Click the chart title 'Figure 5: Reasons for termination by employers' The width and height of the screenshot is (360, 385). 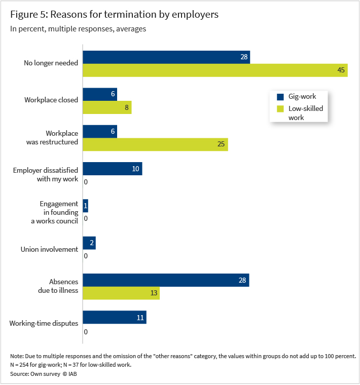[115, 15]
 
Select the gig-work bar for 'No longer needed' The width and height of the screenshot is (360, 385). [166, 57]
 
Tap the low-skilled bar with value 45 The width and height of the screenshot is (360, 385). [215, 70]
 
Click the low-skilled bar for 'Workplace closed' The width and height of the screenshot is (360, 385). [107, 107]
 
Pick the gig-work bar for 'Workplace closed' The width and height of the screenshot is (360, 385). [100, 94]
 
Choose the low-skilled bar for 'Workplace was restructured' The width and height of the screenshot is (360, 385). [155, 144]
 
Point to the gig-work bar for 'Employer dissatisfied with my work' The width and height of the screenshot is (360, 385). [112, 169]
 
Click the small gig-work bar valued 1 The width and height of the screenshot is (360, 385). [85, 206]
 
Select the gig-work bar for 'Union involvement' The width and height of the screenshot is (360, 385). [89, 243]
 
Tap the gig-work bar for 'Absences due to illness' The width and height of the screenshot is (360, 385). [166, 280]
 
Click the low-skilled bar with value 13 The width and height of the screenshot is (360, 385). [121, 293]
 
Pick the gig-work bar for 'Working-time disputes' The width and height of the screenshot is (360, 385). [115, 318]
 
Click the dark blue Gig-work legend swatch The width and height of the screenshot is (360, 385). [279, 97]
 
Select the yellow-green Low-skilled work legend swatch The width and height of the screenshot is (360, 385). [279, 109]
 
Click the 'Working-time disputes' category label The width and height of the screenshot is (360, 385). [44, 323]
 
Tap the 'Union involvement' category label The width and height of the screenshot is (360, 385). [49, 249]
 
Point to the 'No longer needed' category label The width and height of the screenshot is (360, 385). [51, 63]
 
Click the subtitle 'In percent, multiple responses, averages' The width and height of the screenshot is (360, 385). [78, 29]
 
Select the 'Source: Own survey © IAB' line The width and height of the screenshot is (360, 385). [43, 374]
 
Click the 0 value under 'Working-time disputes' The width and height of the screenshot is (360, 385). [86, 332]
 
